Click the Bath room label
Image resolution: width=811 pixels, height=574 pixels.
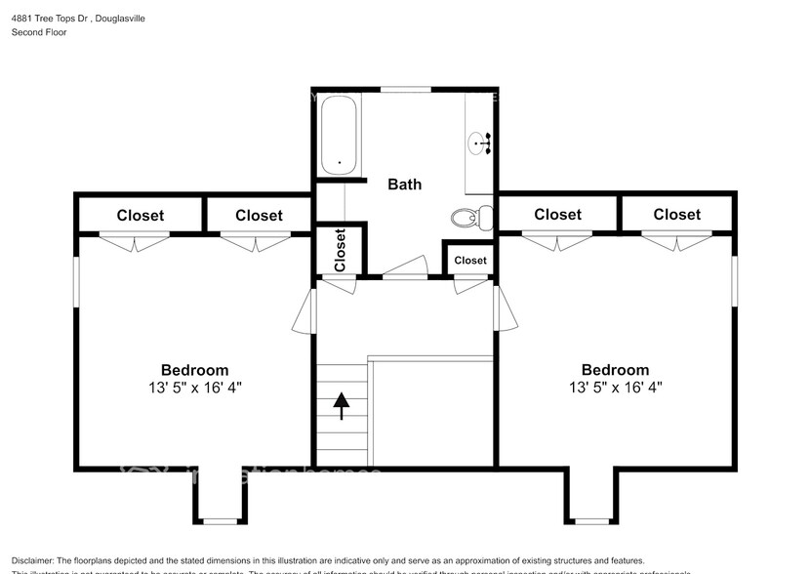pyautogui.click(x=404, y=184)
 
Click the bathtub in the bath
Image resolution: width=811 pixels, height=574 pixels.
pyautogui.click(x=338, y=136)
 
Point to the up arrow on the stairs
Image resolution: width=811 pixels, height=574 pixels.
pyautogui.click(x=342, y=404)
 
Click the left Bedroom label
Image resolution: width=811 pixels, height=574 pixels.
pyautogui.click(x=194, y=370)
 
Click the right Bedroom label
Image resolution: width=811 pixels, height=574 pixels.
pyautogui.click(x=615, y=370)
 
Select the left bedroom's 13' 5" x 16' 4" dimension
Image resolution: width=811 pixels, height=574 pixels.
pyautogui.click(x=194, y=387)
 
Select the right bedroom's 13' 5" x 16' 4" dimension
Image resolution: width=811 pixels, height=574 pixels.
pyautogui.click(x=615, y=387)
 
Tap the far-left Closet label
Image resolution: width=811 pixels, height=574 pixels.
pyautogui.click(x=141, y=216)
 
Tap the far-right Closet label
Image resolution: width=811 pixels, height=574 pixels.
pyautogui.click(x=676, y=215)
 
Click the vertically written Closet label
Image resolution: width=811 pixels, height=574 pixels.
pyautogui.click(x=340, y=250)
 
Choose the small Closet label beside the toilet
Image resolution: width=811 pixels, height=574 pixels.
pyautogui.click(x=469, y=261)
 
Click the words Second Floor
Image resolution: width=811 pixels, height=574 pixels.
pyautogui.click(x=39, y=32)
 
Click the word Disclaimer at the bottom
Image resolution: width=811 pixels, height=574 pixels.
pyautogui.click(x=36, y=560)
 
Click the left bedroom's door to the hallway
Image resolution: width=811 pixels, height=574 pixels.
pyautogui.click(x=304, y=310)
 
